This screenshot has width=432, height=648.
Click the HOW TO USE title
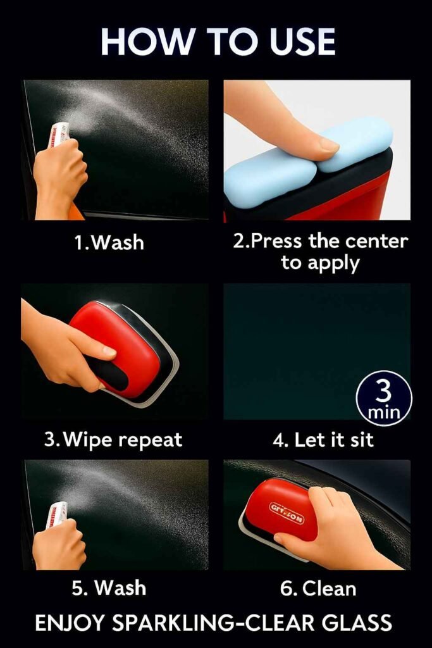coord(217,42)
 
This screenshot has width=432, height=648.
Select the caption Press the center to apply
coord(319,252)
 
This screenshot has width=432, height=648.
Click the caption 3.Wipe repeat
coord(113,439)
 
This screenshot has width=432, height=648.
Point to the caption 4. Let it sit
coord(323,440)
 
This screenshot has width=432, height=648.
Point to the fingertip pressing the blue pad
coord(328,145)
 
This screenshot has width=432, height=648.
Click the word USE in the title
coord(297,42)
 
